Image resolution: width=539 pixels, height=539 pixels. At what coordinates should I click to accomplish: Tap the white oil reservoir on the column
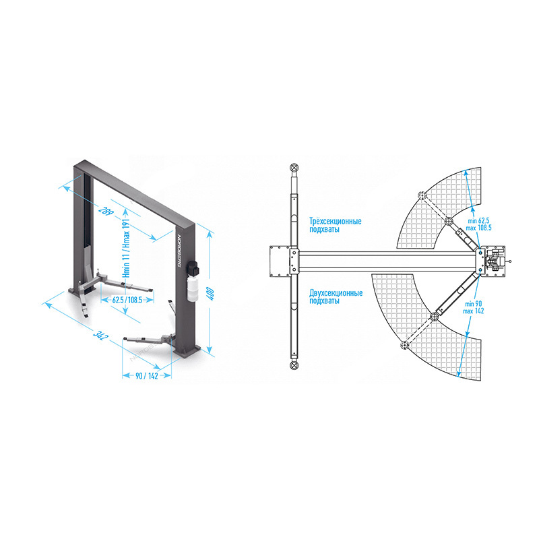tap(191, 286)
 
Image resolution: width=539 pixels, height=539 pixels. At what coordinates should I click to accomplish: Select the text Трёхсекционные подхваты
tap(336, 225)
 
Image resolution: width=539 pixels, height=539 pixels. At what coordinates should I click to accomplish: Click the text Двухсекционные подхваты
tap(336, 297)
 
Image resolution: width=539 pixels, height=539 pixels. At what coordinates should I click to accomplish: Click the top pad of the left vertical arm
tap(294, 168)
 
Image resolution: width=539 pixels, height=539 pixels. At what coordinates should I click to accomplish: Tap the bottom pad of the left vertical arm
tap(294, 364)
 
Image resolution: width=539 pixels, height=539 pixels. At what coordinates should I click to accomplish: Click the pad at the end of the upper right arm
tap(422, 197)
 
